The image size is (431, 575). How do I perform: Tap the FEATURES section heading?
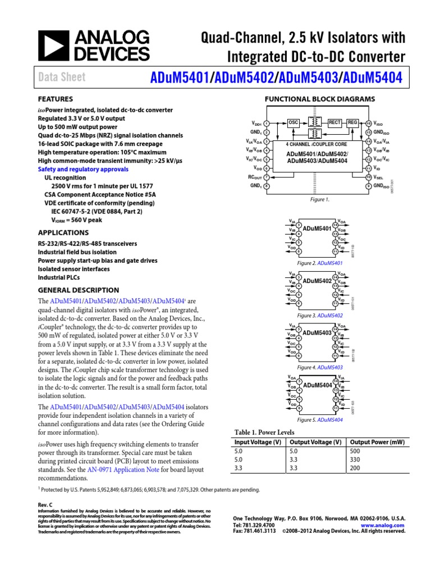[x=55, y=98]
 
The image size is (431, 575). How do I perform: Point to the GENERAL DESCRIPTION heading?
[x=78, y=290]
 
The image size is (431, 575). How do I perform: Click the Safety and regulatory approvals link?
[x=83, y=169]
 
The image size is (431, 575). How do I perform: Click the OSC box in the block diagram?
[x=293, y=122]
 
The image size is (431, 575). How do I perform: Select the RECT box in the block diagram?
[x=335, y=122]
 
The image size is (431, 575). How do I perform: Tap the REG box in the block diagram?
[x=352, y=122]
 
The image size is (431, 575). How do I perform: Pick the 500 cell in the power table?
[x=354, y=451]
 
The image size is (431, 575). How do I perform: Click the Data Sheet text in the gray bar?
[x=62, y=77]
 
